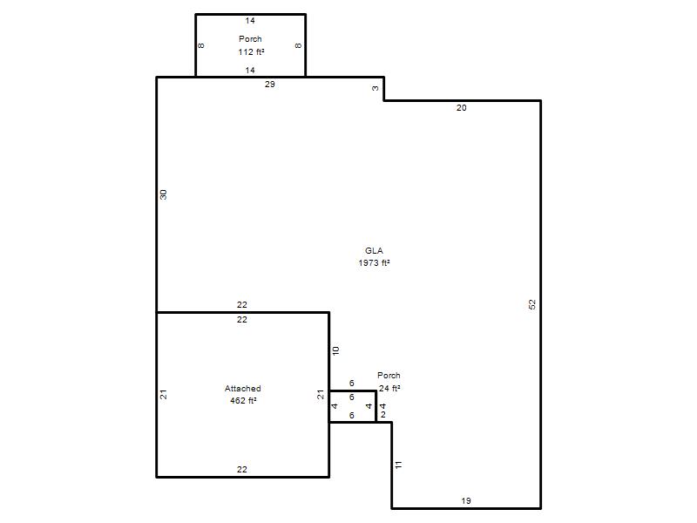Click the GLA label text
pos(374,251)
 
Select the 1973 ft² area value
pos(375,263)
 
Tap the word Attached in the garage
pos(243,388)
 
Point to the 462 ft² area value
pos(243,401)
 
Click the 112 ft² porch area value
pos(251,52)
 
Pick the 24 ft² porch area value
pos(389,388)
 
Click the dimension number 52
pos(532,304)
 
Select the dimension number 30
pos(164,194)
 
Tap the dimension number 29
pos(270,84)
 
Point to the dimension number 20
pos(462,107)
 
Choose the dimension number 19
pos(466,500)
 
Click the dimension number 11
pos(399,465)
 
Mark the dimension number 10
pos(335,350)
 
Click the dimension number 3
pos(376,88)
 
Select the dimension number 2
pos(383,415)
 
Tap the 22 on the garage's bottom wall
pos(242,469)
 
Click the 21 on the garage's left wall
pos(164,394)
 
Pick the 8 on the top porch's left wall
pos(201,45)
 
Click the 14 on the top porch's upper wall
pos(250,20)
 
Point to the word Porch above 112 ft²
pos(250,39)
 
